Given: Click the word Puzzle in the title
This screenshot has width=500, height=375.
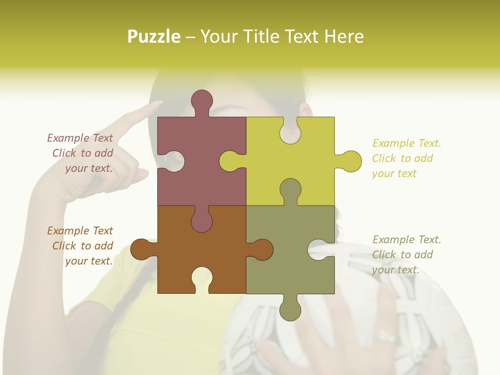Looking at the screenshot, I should [x=154, y=36].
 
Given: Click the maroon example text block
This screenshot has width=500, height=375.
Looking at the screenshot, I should [x=81, y=153].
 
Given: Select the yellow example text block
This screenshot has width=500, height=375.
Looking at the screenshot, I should [x=406, y=158].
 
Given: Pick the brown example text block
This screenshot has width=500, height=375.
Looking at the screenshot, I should [x=81, y=246].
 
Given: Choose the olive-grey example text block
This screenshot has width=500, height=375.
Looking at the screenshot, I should [x=406, y=255].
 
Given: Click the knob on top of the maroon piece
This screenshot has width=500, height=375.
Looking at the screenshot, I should [x=202, y=101].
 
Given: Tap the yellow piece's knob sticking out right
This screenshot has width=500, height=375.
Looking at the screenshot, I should [x=351, y=161].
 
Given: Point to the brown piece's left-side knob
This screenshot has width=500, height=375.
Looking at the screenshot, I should [x=141, y=249].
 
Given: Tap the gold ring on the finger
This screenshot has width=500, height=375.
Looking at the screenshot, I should [x=386, y=336].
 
